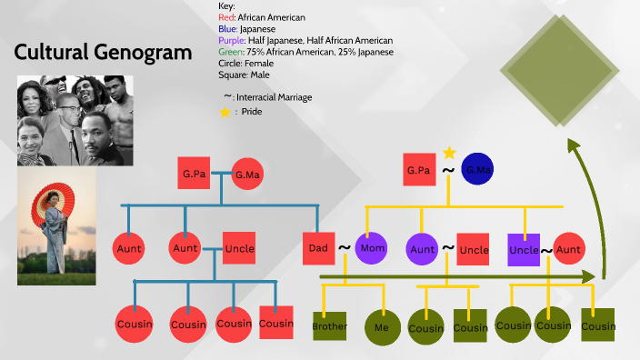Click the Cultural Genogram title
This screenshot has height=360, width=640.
coord(103,52)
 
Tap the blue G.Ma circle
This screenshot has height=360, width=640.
coord(477,170)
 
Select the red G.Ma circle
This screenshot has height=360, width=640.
coord(247,174)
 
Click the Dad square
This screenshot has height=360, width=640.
coord(318,247)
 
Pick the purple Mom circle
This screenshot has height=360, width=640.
coord(372,247)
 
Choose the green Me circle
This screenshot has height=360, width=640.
coord(380,326)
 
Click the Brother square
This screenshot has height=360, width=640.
coord(329,325)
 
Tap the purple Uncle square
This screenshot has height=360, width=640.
coord(524,249)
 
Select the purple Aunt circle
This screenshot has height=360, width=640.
coord(423,248)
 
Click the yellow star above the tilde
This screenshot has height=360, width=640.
coord(448,153)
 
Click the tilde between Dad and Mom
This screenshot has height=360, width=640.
coord(345,247)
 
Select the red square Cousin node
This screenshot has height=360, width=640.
coord(276,323)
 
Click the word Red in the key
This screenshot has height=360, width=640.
coord(226,17)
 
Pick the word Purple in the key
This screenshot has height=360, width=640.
coord(231,41)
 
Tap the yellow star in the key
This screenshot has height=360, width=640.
coord(225,112)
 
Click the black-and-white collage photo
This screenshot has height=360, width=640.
coord(75,120)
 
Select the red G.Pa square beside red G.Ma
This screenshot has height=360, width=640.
coord(192,173)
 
